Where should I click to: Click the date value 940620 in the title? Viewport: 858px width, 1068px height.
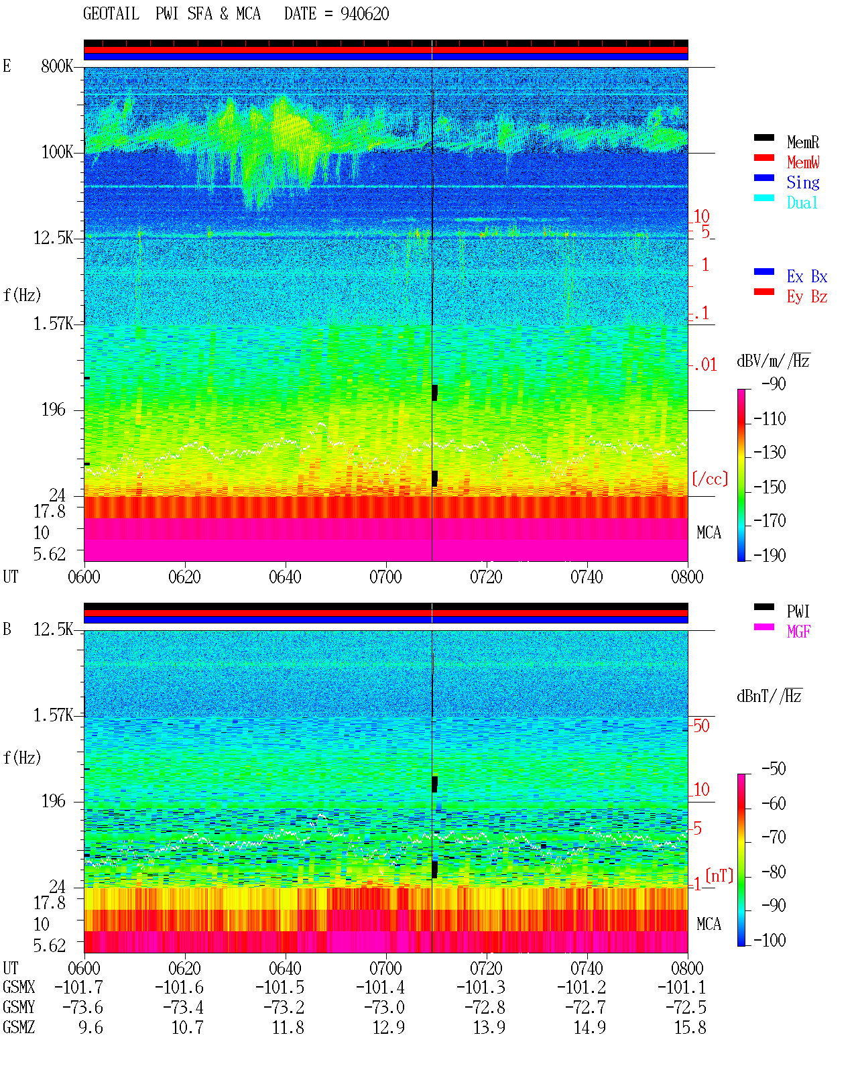(364, 13)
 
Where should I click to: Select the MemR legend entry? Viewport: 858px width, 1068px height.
(802, 142)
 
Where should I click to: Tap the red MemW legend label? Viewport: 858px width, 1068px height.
(803, 162)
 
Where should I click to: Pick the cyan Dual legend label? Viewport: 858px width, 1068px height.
(802, 202)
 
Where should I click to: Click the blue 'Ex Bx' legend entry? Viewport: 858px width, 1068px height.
(806, 276)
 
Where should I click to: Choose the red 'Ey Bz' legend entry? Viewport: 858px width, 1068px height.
(806, 296)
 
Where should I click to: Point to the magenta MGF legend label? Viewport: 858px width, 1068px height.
(798, 632)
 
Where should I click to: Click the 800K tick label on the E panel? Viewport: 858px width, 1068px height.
(57, 66)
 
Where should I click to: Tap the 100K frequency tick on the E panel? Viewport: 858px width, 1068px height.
(57, 152)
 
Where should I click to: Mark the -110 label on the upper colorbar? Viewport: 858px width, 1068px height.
(770, 419)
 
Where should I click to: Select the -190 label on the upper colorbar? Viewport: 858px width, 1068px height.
(770, 555)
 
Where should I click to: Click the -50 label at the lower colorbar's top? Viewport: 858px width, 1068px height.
(774, 769)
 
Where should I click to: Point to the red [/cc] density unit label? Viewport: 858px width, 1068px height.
(710, 479)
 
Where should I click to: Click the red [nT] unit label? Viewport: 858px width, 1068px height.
(719, 876)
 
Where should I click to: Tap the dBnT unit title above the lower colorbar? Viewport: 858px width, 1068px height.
(769, 697)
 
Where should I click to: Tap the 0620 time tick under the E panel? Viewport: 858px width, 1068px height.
(184, 577)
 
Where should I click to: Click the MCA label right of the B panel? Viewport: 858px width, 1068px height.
(709, 924)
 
